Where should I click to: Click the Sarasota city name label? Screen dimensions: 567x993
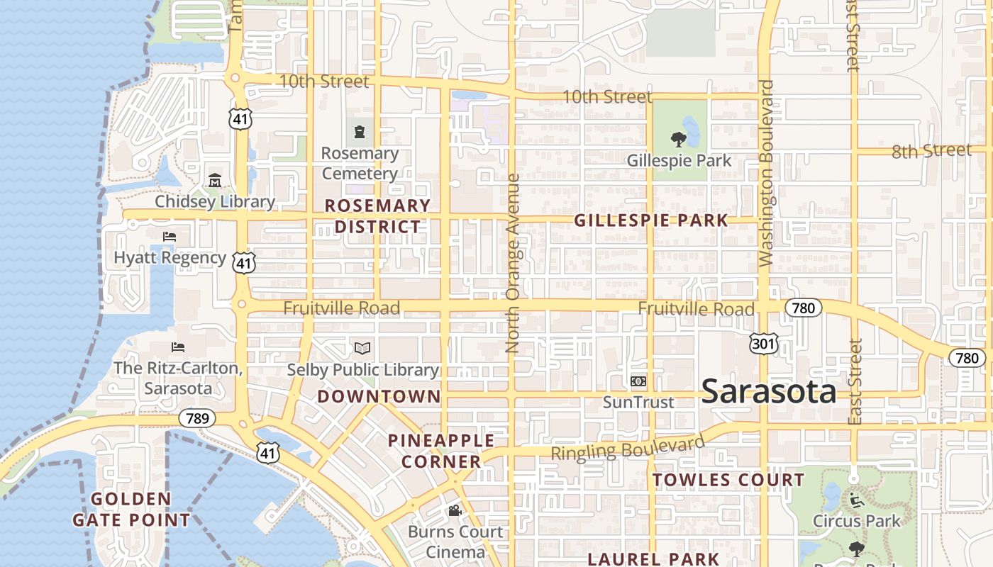769,392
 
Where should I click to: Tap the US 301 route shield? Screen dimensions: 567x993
764,344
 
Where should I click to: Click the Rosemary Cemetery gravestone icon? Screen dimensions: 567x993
360,132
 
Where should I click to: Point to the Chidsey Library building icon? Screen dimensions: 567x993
215,181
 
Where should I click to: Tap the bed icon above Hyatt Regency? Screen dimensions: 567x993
169,237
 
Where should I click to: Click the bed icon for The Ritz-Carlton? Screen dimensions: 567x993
178,347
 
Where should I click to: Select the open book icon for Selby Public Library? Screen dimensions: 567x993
362,348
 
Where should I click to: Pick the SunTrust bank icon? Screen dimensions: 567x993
638,381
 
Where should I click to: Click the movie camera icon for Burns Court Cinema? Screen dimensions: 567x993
455,510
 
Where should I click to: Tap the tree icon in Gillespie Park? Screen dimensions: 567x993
678,139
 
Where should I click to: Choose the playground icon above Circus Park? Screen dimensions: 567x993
856,501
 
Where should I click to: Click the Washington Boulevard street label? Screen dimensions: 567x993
766,174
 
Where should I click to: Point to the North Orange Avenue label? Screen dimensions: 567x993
513,264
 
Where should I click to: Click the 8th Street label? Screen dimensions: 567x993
931,151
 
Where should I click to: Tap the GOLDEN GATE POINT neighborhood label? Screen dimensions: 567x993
131,510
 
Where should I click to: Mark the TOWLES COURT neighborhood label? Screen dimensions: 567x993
728,480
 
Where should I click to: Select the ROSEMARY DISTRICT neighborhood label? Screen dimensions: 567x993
377,216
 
